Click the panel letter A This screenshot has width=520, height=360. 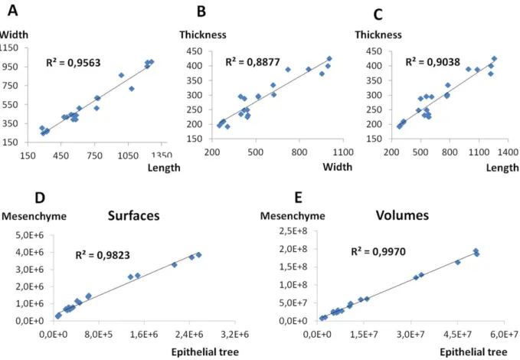point(12,10)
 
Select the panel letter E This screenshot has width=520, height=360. point(298,198)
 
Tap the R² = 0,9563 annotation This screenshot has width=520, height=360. point(73,62)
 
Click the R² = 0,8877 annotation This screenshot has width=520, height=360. point(253,62)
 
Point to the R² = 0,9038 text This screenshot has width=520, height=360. point(433,62)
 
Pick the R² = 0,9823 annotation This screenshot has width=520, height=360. point(103,255)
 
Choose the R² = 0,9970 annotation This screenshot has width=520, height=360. point(378,251)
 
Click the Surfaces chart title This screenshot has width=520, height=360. point(134,216)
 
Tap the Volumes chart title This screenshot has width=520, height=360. point(402,215)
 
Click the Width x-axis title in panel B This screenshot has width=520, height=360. point(337,166)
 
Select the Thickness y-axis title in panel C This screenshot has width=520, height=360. point(378,34)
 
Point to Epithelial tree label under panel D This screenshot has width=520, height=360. point(205,352)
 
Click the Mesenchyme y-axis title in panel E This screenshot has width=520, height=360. point(293,216)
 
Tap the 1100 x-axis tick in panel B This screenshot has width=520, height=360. point(343,152)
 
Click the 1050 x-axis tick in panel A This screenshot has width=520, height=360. point(128,155)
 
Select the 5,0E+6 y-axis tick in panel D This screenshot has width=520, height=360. point(30,235)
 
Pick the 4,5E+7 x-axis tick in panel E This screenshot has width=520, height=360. point(457,334)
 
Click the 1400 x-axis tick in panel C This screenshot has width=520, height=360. point(508,152)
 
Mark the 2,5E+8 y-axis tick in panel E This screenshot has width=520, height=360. point(293,231)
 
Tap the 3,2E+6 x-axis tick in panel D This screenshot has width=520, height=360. point(235,334)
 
